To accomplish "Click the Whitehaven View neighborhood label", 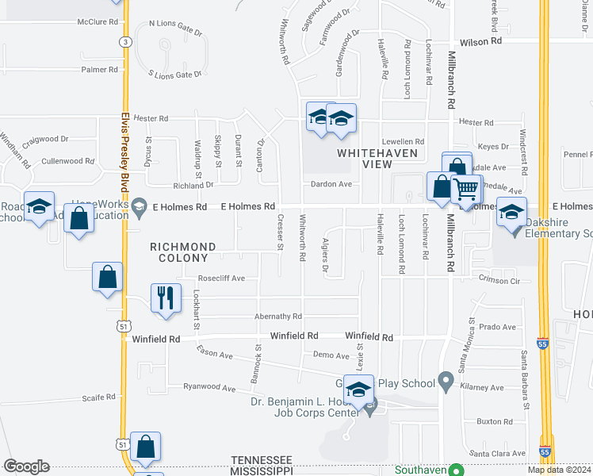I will [x=365, y=158].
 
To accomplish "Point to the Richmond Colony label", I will [x=179, y=252].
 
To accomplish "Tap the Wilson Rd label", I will [x=481, y=40].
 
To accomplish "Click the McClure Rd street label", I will [x=98, y=21].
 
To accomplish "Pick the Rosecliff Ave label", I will [x=221, y=278].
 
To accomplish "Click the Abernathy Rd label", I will [x=278, y=316].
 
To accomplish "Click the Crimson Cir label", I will [x=499, y=280].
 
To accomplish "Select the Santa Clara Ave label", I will [x=497, y=453].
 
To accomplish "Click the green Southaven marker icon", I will [x=456, y=470].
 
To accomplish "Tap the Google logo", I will [x=26, y=466].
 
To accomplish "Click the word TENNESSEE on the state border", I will [x=262, y=460].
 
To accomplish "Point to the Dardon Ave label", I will [x=334, y=184].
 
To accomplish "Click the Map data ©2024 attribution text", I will [x=559, y=469].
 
